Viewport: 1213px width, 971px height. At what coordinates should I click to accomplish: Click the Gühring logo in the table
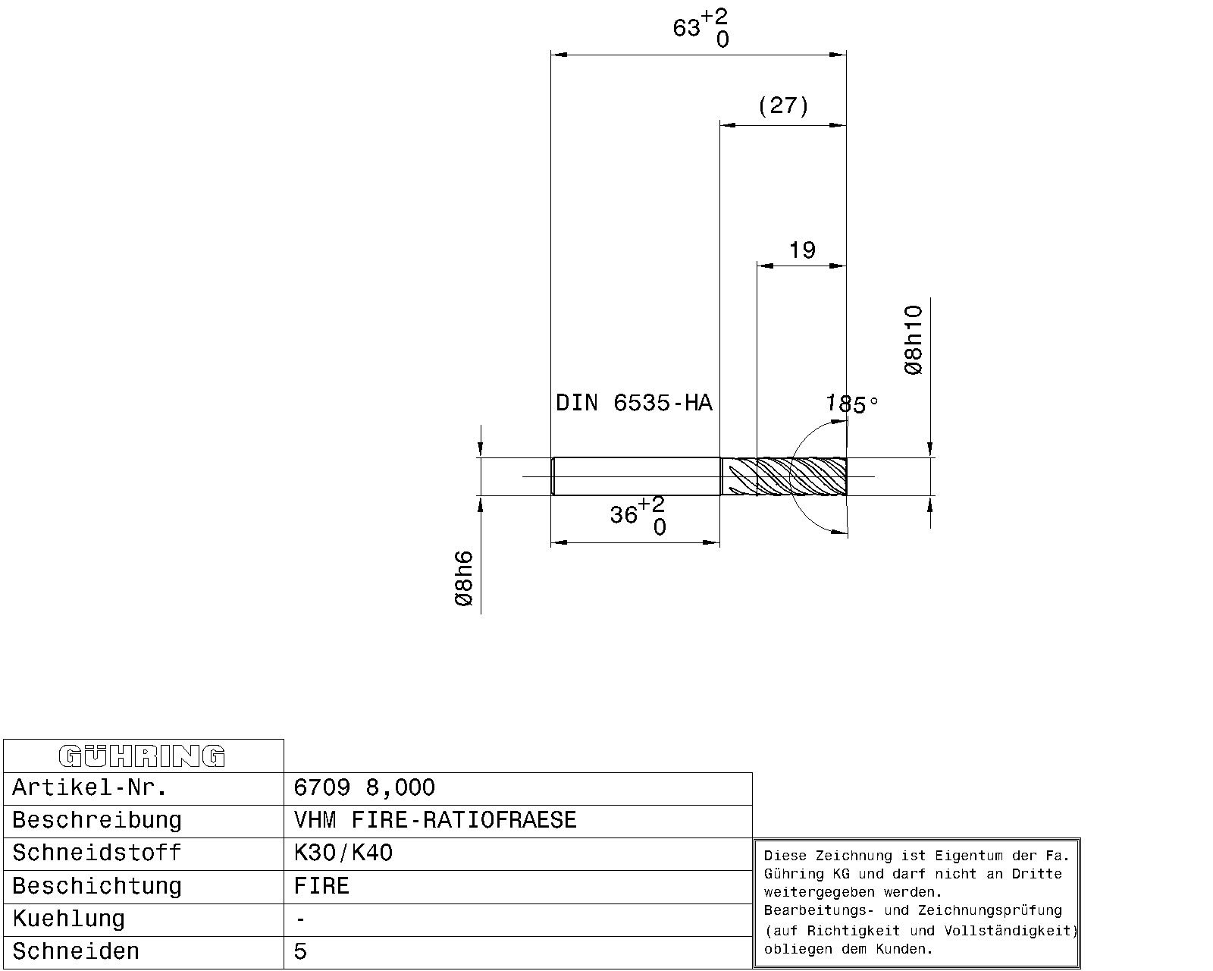(x=142, y=756)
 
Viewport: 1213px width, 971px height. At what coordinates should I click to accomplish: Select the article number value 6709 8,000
(x=364, y=787)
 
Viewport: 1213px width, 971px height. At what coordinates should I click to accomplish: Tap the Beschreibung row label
(x=97, y=820)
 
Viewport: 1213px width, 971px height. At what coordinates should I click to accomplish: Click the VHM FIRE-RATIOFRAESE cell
(x=435, y=820)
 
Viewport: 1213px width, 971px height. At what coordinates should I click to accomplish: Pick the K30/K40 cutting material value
(x=343, y=853)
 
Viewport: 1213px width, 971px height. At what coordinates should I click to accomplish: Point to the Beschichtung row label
(x=97, y=886)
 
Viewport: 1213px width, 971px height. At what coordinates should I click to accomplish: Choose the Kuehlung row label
(x=68, y=919)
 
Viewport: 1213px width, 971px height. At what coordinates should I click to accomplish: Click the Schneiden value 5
(x=300, y=951)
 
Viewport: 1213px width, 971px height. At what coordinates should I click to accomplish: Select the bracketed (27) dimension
(x=783, y=105)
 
